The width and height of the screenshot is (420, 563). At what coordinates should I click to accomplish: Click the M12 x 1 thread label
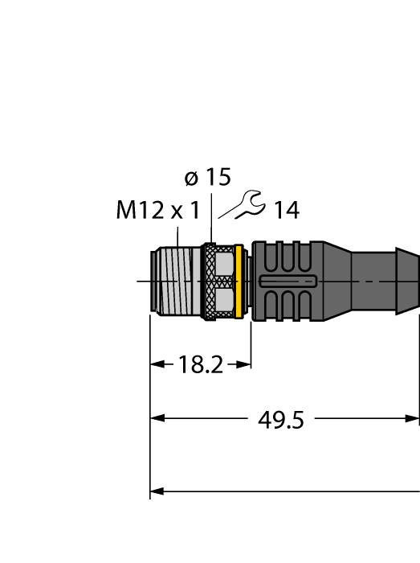click(x=157, y=212)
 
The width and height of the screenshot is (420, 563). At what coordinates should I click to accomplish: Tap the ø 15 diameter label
click(x=207, y=178)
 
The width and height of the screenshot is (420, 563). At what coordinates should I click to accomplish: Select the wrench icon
click(x=242, y=205)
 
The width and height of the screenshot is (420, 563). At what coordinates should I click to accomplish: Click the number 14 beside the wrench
click(x=286, y=212)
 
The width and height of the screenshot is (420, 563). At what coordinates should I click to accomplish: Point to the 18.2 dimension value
click(x=200, y=365)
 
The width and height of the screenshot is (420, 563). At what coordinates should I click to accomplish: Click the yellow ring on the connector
click(x=238, y=281)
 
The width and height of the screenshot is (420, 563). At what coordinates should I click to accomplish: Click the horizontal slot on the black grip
click(x=288, y=281)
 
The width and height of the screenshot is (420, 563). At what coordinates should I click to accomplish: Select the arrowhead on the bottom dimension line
click(x=157, y=490)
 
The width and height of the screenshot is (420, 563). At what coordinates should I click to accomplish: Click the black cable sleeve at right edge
click(x=389, y=281)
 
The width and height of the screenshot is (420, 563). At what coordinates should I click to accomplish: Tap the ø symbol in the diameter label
click(x=191, y=179)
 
